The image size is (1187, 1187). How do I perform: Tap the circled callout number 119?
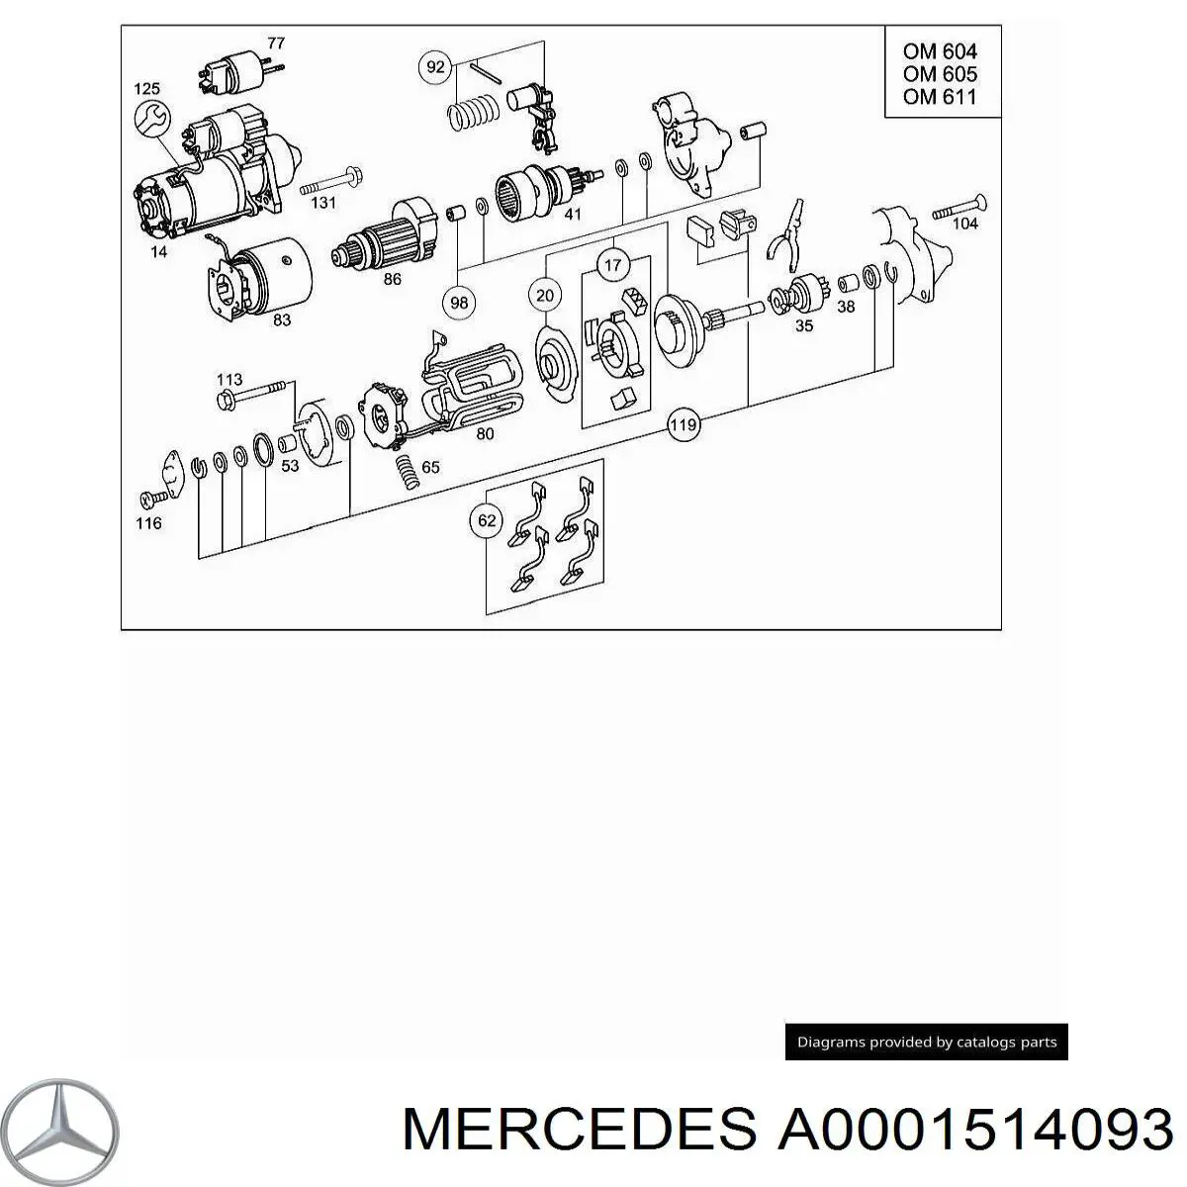tap(684, 426)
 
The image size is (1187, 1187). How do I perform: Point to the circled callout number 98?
tap(459, 303)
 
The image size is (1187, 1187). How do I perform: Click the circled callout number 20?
tap(545, 294)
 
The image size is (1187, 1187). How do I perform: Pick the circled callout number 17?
tap(613, 265)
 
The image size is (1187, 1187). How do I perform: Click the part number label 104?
tap(964, 224)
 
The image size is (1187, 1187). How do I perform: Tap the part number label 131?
tap(323, 203)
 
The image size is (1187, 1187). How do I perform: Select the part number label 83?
tap(282, 320)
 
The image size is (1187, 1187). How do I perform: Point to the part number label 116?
tap(148, 522)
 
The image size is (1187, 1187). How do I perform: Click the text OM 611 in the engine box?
tap(939, 96)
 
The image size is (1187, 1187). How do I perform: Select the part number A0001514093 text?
tap(974, 1129)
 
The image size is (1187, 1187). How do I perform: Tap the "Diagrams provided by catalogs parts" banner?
tap(926, 1042)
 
